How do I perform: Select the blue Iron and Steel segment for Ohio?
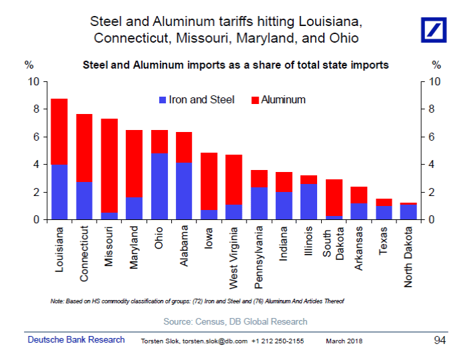(159, 186)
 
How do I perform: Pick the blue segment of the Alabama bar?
(184, 191)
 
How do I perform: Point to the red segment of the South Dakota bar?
(334, 197)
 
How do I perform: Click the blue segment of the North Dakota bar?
(408, 212)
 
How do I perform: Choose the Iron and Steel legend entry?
(197, 100)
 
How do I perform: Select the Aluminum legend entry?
(278, 100)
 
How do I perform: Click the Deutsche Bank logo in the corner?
(437, 29)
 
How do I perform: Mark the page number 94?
(439, 340)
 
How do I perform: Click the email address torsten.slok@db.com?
(215, 341)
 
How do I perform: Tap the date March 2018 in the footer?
(344, 341)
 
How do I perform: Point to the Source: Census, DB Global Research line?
(235, 321)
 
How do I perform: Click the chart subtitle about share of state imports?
(235, 65)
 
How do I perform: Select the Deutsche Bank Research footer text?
(76, 340)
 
